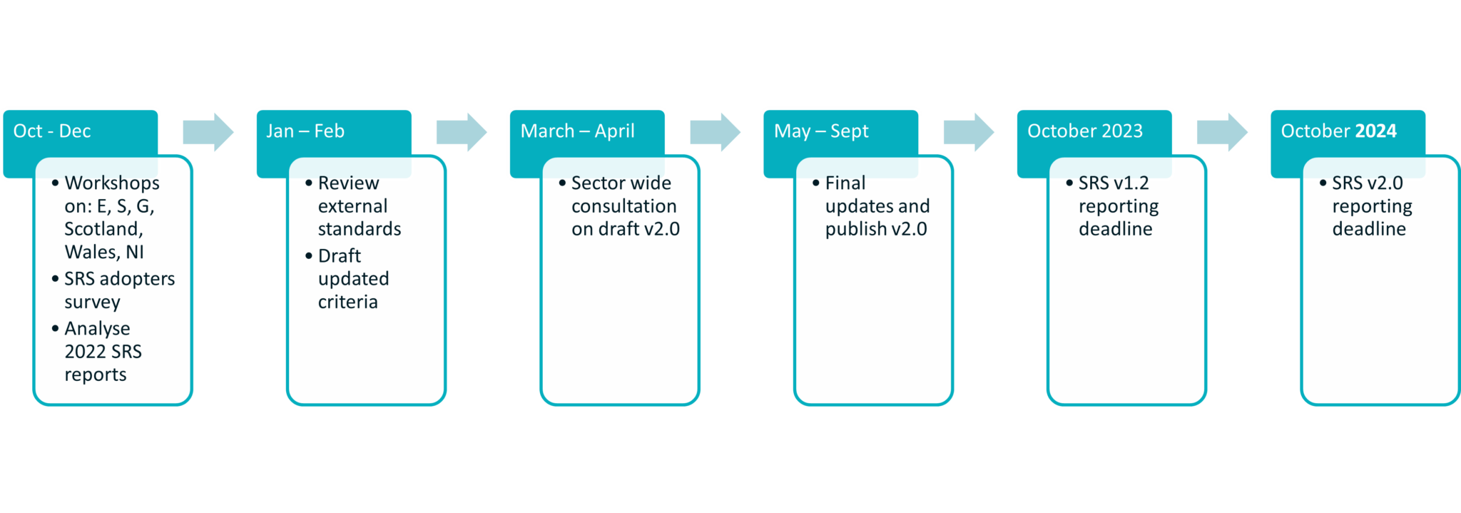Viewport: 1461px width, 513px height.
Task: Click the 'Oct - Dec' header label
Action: tap(51, 131)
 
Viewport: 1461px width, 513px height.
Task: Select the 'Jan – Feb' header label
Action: tap(305, 131)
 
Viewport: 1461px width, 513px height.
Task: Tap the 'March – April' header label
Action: tap(577, 131)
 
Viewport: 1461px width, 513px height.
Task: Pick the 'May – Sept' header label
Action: tap(821, 131)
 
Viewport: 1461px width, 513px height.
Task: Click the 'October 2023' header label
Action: tap(1084, 131)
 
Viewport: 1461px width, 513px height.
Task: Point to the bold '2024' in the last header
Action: tap(1375, 131)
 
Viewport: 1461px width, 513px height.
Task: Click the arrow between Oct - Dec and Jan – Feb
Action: tap(208, 132)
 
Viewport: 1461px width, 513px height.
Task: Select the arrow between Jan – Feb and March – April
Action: tap(461, 132)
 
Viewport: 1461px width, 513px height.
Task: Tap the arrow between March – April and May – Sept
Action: tap(715, 132)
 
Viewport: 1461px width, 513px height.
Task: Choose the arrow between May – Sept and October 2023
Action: tap(968, 132)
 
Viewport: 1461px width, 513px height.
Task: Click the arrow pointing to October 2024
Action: tap(1221, 132)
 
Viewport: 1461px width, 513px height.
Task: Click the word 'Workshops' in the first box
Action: tap(112, 183)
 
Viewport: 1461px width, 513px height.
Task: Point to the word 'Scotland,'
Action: tap(103, 229)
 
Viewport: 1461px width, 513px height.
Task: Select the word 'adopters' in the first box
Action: tap(138, 279)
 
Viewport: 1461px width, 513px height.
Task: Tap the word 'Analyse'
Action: tap(97, 329)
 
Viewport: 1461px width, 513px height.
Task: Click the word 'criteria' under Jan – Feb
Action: tap(347, 303)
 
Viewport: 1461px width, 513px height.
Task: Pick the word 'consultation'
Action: tap(623, 206)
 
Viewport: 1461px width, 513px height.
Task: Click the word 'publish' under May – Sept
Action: tap(855, 229)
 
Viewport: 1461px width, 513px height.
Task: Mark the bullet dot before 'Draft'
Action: tap(309, 255)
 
